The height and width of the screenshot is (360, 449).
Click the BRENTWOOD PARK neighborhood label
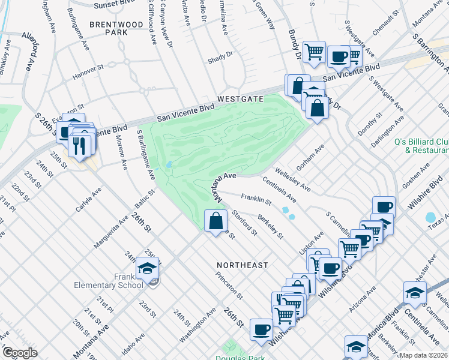[x=116, y=28]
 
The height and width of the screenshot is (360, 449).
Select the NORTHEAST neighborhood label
[x=243, y=265]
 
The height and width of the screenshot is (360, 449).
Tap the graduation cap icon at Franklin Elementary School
[x=147, y=269]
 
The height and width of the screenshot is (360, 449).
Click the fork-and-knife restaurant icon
[x=79, y=145]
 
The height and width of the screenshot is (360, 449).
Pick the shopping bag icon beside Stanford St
[x=216, y=221]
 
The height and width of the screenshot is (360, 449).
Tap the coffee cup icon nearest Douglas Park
[x=261, y=329]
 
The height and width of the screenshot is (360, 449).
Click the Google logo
[x=19, y=353]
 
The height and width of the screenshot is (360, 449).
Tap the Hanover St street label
[x=88, y=76]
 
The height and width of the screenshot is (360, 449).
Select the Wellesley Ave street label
[x=293, y=179]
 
